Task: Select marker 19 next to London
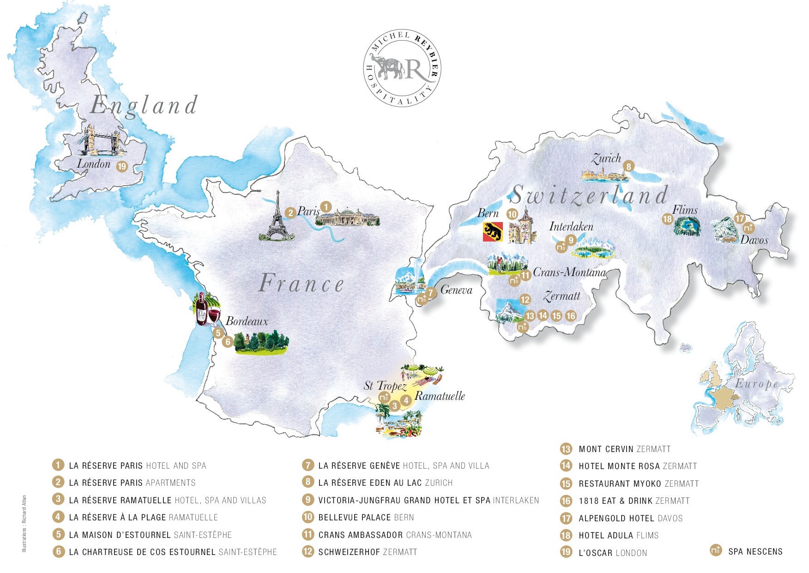pos(121,166)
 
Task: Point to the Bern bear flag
pos(492,231)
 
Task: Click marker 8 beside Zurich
pos(628,166)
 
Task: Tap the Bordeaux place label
pos(247,321)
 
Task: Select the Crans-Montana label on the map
pos(569,272)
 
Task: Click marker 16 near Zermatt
pos(571,316)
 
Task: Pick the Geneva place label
pos(456,290)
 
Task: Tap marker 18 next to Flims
pos(667,219)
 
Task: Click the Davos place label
pos(754,240)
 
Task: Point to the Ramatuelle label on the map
pos(440,396)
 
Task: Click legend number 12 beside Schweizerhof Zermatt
pos(308,552)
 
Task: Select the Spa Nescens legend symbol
pos(715,550)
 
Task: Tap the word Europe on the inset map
pos(756,384)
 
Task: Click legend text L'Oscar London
pos(613,553)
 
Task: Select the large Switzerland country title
pos(589,195)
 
